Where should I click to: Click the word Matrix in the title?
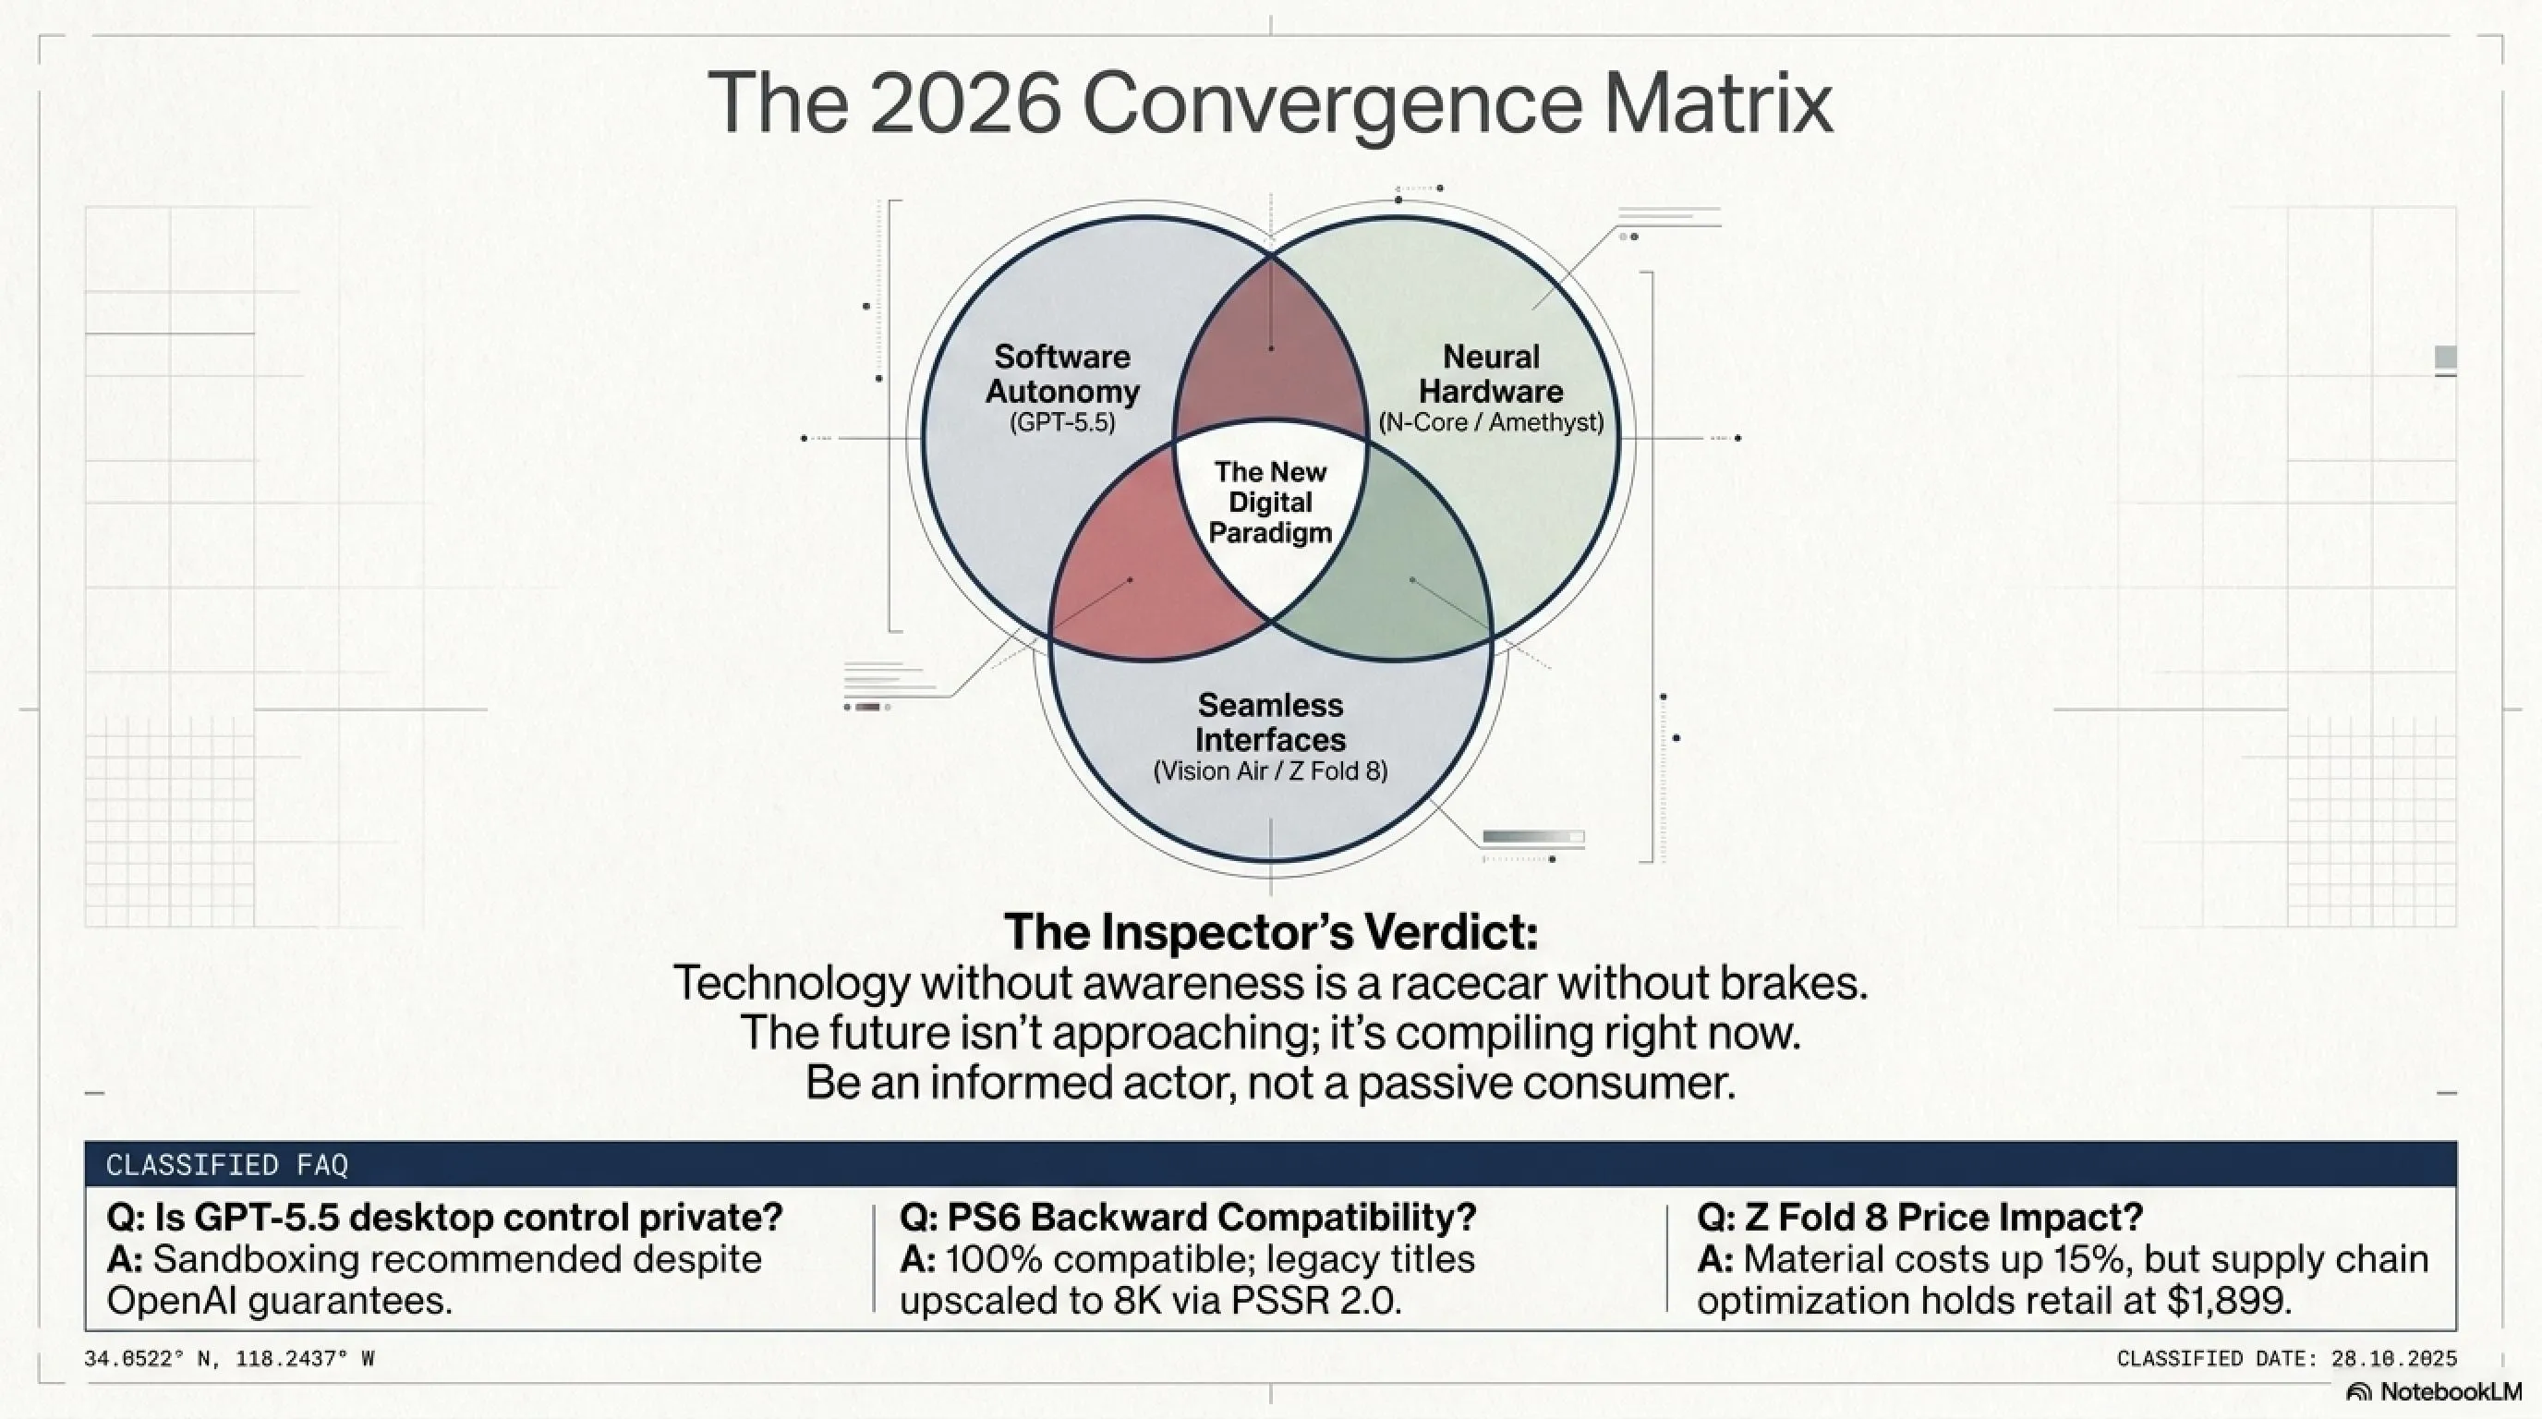coord(1718,103)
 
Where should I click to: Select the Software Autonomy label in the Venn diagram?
coord(1062,374)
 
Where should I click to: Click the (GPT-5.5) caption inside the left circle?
coord(1062,422)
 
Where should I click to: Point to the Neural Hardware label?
coord(1491,374)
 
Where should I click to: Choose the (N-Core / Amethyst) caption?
coord(1491,422)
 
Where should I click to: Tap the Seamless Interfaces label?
coord(1270,722)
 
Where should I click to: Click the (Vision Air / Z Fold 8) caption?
coord(1270,770)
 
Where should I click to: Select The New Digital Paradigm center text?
coord(1270,503)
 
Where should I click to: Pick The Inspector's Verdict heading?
coord(1271,932)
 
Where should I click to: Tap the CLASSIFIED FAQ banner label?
coord(227,1165)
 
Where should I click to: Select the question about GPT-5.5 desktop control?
coord(444,1218)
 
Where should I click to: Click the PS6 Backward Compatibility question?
coord(1188,1218)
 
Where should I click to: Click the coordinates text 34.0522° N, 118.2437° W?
coord(229,1359)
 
